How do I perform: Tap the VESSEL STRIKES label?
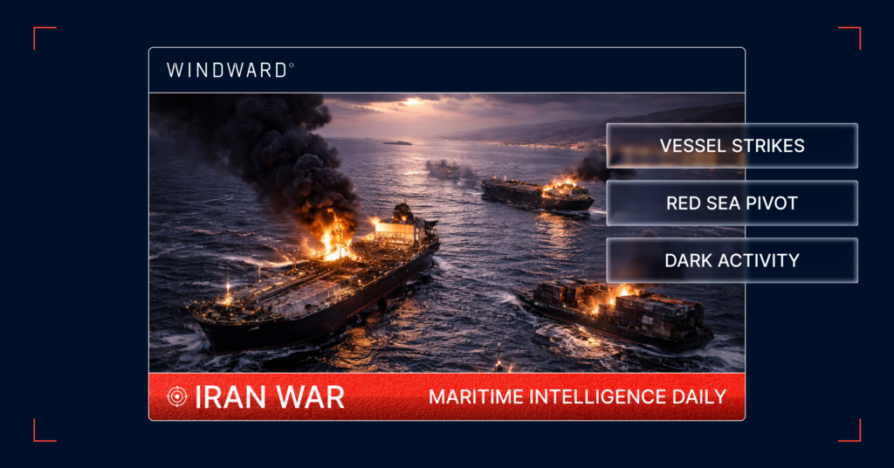click(732, 146)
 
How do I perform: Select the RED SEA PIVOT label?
click(732, 203)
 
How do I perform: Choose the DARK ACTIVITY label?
click(732, 260)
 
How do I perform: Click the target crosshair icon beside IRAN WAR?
click(177, 397)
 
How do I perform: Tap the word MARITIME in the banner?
click(477, 397)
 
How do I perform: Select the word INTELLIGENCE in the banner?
click(602, 397)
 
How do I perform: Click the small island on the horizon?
click(397, 142)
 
